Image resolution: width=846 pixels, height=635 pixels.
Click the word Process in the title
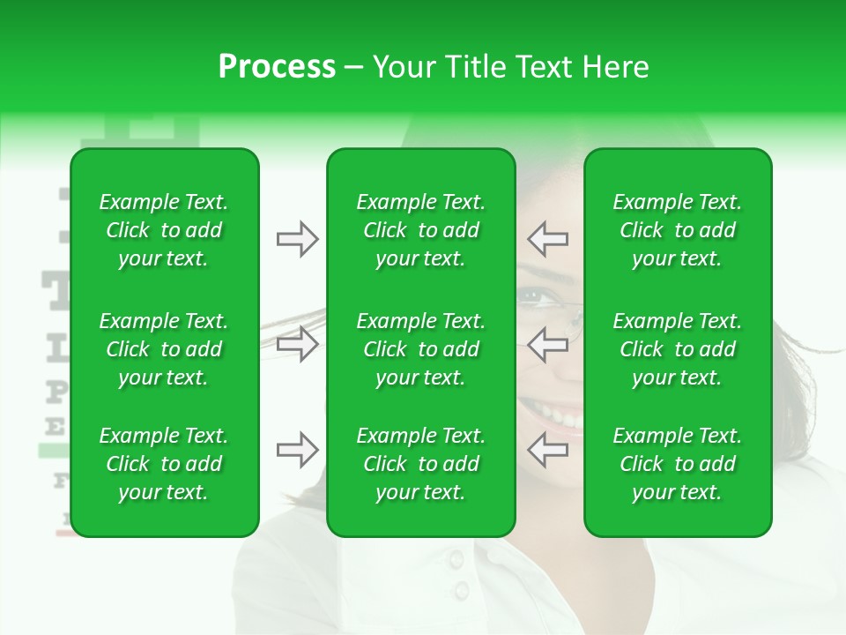277,67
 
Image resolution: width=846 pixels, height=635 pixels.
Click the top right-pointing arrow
297,239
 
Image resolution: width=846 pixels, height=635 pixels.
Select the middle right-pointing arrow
297,343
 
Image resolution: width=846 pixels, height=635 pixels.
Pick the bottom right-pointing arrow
297,450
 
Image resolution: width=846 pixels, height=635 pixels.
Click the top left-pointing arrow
547,239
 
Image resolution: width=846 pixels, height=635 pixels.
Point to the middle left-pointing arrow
547,343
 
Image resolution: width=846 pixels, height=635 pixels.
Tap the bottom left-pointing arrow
547,450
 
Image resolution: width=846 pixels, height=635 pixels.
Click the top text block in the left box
164,230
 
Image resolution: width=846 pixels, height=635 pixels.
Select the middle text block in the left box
164,349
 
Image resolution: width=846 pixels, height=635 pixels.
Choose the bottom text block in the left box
164,464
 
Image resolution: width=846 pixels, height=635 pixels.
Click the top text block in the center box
420,230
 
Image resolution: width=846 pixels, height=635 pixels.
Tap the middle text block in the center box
420,349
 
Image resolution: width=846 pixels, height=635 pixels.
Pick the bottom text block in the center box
420,464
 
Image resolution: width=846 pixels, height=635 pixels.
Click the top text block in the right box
677,230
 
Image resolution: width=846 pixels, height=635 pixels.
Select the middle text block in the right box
677,349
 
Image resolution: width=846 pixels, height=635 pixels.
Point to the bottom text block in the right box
677,464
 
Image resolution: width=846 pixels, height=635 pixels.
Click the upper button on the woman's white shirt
456,559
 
